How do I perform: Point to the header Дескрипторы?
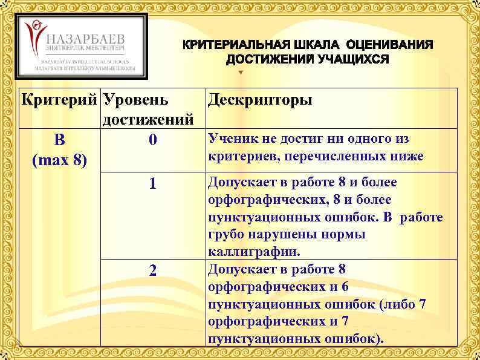(260, 99)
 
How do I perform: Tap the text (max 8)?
(59, 161)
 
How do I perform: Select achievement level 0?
(153, 140)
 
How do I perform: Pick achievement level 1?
(153, 184)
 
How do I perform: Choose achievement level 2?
(153, 272)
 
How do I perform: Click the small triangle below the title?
(241, 73)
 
